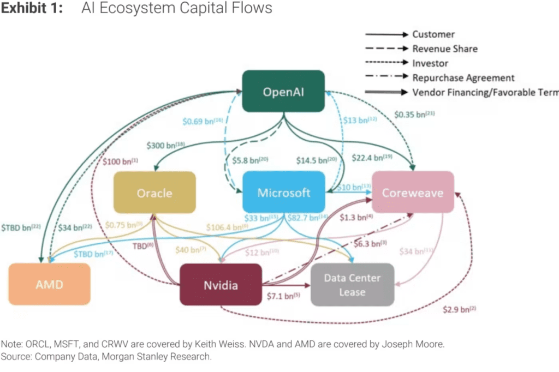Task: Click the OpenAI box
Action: click(283, 92)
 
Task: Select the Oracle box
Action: click(154, 193)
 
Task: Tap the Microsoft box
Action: click(283, 193)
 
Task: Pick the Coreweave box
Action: click(412, 193)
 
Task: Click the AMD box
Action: click(49, 284)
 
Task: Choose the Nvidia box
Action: click(221, 284)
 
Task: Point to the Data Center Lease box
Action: click(352, 284)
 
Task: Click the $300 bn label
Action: click(165, 146)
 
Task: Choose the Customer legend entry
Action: click(433, 34)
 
